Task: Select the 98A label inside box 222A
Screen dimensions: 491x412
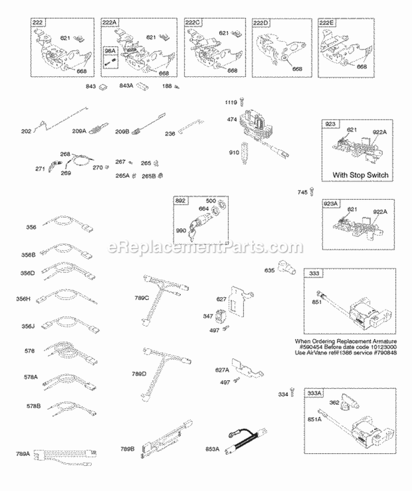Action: click(x=110, y=51)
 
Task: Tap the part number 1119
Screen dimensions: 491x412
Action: click(x=231, y=103)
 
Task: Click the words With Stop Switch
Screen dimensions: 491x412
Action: click(x=360, y=175)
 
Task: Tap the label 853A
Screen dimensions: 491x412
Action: click(x=211, y=449)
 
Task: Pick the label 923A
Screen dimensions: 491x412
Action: click(x=332, y=204)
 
